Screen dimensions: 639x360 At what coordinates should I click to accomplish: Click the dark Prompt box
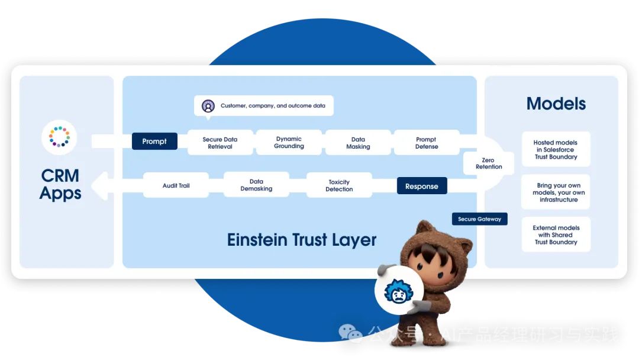(x=154, y=142)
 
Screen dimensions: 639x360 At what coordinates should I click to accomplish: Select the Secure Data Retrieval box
(x=220, y=143)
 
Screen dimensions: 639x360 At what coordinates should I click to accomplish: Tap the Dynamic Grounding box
(x=289, y=142)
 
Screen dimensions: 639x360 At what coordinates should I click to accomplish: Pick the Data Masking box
(x=357, y=143)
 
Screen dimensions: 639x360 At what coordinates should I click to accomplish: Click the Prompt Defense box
(x=427, y=143)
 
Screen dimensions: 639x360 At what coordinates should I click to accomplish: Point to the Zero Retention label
(x=489, y=163)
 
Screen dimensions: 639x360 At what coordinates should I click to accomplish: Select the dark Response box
(x=421, y=186)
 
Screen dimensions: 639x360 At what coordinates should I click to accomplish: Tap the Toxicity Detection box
(x=339, y=185)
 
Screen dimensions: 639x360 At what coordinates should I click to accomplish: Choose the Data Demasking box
(x=256, y=185)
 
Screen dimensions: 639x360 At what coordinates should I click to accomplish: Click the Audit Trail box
(x=176, y=185)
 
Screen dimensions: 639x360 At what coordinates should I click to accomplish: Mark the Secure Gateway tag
(x=479, y=219)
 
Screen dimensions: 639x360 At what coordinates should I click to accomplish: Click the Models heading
(x=556, y=104)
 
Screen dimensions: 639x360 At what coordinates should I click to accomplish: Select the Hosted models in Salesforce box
(x=556, y=149)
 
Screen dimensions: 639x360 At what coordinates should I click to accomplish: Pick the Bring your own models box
(x=556, y=192)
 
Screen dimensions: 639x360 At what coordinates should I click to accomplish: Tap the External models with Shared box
(x=556, y=234)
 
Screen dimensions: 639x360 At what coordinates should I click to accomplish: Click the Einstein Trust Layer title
(x=302, y=240)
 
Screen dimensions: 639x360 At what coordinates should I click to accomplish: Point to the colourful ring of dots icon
(x=59, y=136)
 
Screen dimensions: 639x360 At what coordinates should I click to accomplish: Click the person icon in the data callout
(x=208, y=106)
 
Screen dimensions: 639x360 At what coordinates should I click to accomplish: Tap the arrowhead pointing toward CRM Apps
(x=102, y=185)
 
